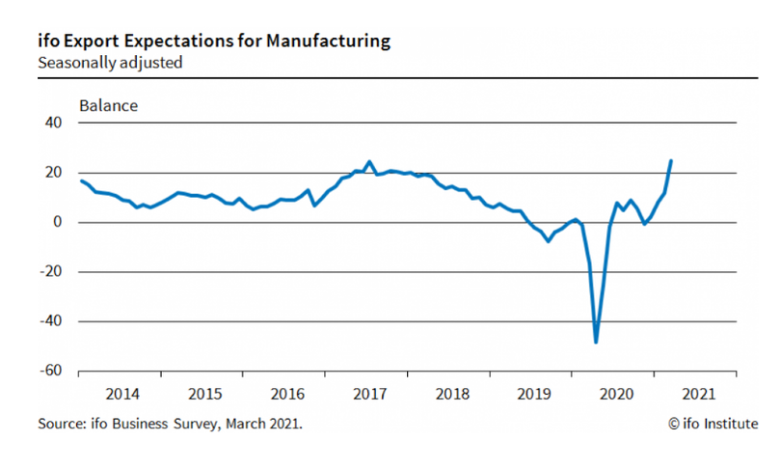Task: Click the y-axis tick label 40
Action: pyautogui.click(x=52, y=124)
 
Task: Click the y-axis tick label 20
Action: pyautogui.click(x=52, y=173)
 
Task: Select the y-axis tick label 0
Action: pyautogui.click(x=57, y=222)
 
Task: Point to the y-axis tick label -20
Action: pyautogui.click(x=49, y=271)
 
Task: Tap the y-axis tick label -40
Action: pyautogui.click(x=49, y=320)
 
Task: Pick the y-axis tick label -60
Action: pyautogui.click(x=49, y=371)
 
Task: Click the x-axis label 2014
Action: pyautogui.click(x=121, y=394)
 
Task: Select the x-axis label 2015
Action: pyautogui.click(x=203, y=394)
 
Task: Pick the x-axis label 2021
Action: pyautogui.click(x=697, y=394)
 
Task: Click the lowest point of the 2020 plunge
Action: pyautogui.click(x=596, y=342)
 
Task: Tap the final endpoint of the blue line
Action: pyautogui.click(x=671, y=160)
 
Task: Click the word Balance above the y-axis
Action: pyautogui.click(x=108, y=105)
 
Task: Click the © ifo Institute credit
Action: pyautogui.click(x=712, y=424)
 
